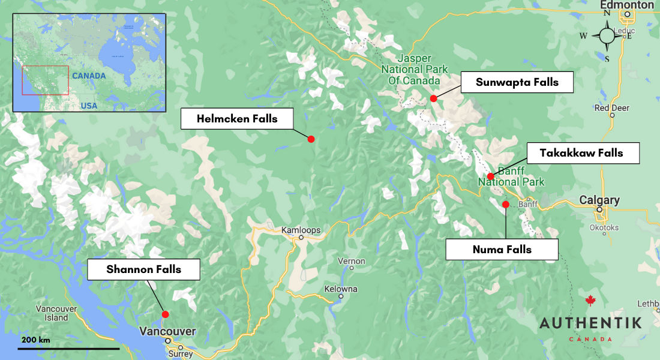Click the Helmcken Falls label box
coord(237,119)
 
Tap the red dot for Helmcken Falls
coord(311,139)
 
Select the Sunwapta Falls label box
coord(517,82)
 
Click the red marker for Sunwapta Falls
coord(433,98)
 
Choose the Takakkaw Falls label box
coord(581,153)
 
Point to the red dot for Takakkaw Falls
coord(490,176)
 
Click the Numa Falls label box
coord(502,250)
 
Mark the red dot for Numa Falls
coord(505,205)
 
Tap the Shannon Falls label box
coord(143,269)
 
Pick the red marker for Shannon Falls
coord(165,314)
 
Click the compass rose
coord(607,35)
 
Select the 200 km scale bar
coord(68,348)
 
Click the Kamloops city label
coord(301,230)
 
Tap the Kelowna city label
coord(340,289)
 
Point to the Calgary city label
coord(599,200)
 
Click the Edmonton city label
coord(626,5)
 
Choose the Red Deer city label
coord(611,108)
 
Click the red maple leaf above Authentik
coord(590,301)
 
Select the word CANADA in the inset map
coord(89,76)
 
